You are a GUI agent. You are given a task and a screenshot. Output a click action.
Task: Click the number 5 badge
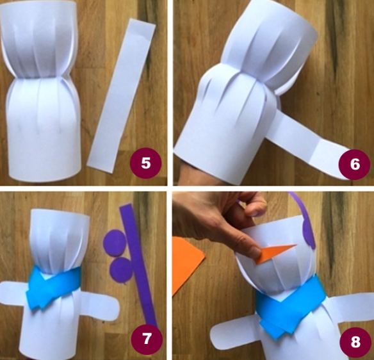click(145, 163)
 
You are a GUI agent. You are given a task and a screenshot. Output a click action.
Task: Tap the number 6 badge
click(354, 164)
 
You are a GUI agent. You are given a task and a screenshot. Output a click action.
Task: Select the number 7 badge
click(147, 338)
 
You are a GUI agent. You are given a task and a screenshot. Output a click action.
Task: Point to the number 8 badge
click(355, 342)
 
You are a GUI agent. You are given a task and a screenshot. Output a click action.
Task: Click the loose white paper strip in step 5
click(122, 95)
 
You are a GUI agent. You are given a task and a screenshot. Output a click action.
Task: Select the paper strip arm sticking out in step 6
click(310, 141)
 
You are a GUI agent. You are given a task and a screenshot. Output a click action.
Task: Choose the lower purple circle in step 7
click(122, 270)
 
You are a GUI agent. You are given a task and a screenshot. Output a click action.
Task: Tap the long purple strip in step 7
click(138, 265)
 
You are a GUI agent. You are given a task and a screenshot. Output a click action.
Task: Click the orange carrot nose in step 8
click(274, 254)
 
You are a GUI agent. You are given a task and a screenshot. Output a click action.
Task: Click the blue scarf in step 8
click(293, 307)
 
